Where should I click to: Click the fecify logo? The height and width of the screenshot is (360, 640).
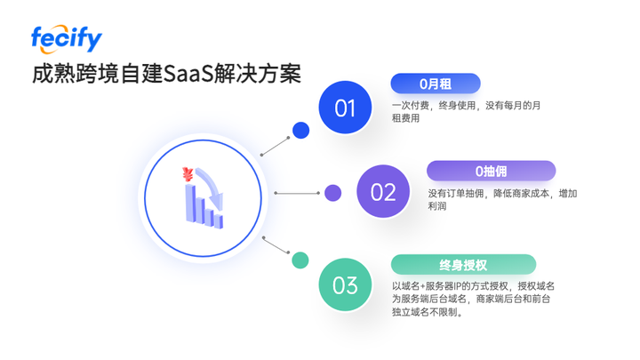(x=67, y=37)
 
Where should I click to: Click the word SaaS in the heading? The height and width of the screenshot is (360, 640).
(x=189, y=74)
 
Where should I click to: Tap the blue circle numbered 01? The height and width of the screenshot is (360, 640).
(x=345, y=108)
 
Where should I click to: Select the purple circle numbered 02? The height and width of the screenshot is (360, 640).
(x=383, y=192)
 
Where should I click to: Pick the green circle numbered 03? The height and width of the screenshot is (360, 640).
(x=345, y=285)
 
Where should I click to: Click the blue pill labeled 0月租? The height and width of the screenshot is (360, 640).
(x=436, y=84)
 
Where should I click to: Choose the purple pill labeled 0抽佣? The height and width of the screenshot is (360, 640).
(x=491, y=171)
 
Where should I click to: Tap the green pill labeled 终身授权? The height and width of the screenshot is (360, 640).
(x=463, y=264)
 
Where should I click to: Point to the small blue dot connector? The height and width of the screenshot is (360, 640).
(x=301, y=130)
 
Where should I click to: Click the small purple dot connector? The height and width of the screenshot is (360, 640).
(x=332, y=193)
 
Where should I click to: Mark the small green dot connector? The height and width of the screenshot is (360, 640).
(x=300, y=260)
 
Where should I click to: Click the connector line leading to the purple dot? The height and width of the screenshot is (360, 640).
(x=297, y=193)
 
